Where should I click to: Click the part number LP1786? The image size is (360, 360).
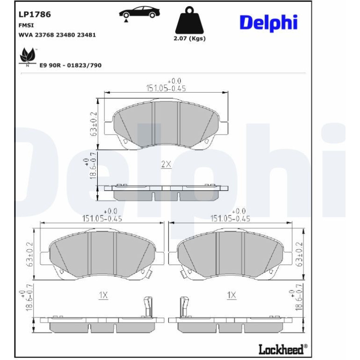click(35, 14)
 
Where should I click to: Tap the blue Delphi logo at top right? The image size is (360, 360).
click(269, 23)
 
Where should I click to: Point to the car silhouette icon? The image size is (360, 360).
click(139, 13)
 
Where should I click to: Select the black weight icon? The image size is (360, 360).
click(189, 20)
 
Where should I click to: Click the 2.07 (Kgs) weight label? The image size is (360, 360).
click(189, 38)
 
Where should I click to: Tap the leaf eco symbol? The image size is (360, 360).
click(28, 57)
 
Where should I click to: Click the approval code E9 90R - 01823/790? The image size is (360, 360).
click(71, 65)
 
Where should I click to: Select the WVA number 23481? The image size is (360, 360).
click(86, 35)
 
